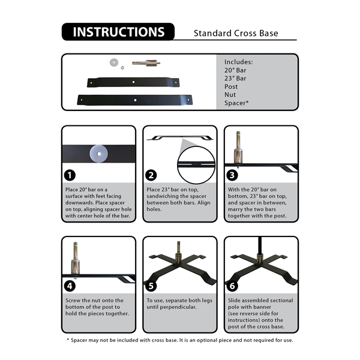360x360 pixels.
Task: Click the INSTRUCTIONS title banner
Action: click(x=118, y=32)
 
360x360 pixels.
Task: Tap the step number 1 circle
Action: click(x=70, y=175)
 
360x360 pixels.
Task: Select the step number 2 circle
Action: click(x=151, y=175)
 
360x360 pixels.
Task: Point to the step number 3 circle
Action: click(x=233, y=175)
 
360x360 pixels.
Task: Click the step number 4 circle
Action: click(x=70, y=286)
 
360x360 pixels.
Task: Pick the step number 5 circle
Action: click(x=151, y=286)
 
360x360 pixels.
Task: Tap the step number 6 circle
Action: click(x=233, y=286)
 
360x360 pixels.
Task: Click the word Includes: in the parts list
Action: click(x=238, y=62)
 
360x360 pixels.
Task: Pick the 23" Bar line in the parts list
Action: click(x=235, y=79)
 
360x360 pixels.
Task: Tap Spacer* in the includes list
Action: click(x=236, y=103)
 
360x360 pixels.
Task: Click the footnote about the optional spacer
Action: click(x=180, y=340)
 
